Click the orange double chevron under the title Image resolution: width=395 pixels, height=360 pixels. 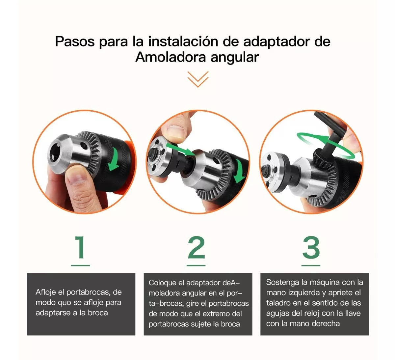pos(198,79)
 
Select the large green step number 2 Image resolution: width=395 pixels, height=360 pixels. pos(196,247)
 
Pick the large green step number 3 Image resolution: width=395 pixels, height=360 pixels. pos(311,247)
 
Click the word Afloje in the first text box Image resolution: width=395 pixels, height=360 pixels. pos(46,292)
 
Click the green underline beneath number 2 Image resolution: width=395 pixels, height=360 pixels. pos(196,265)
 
